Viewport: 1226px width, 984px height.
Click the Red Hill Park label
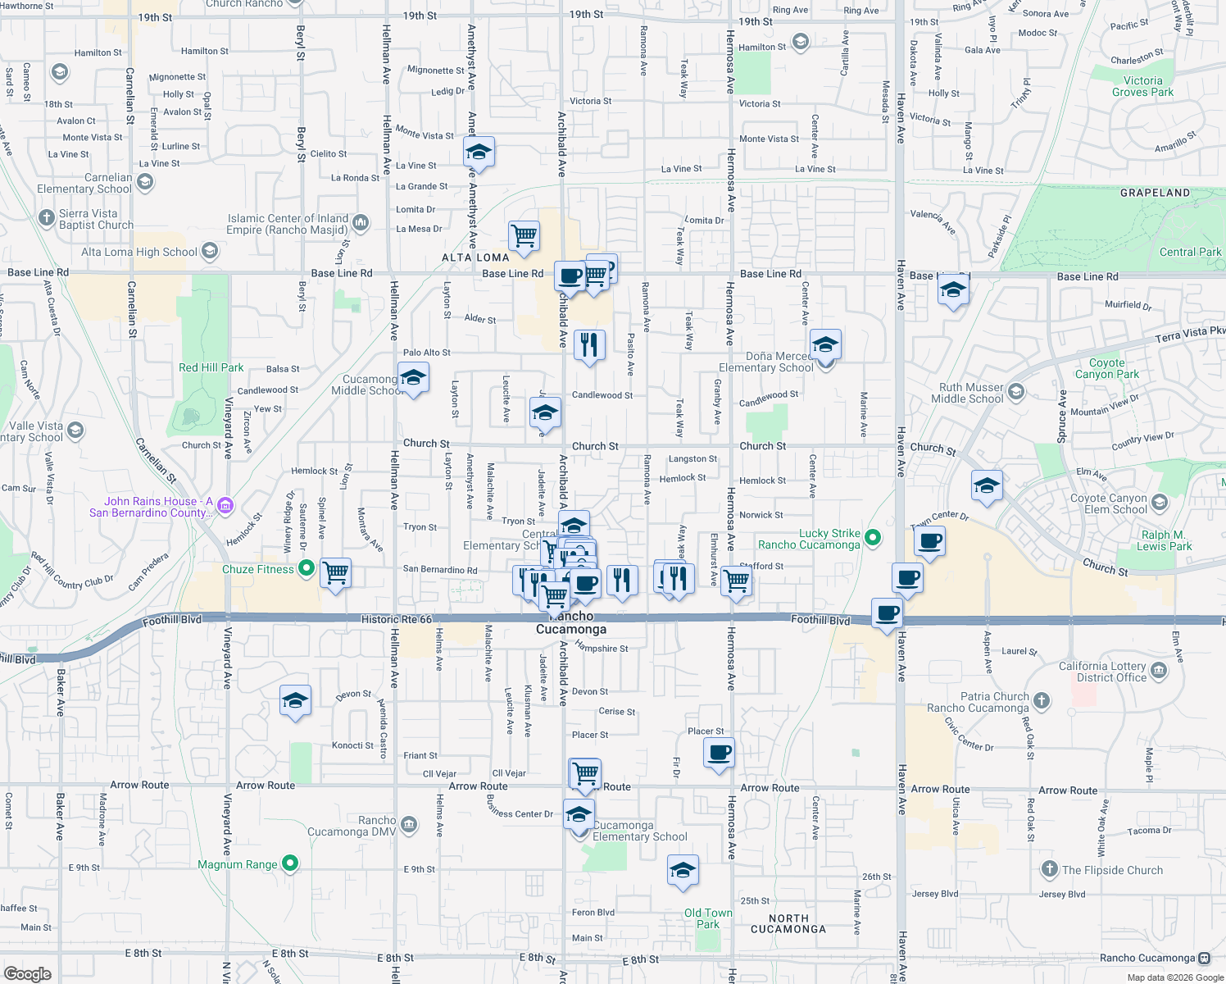click(211, 367)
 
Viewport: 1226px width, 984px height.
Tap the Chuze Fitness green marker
click(306, 567)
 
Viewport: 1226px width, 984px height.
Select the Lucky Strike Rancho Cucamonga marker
click(873, 538)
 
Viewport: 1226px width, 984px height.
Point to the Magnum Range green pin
click(290, 863)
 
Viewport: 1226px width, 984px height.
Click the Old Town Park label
click(708, 918)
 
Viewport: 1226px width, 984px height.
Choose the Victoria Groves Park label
click(1142, 86)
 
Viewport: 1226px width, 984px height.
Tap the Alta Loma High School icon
click(210, 251)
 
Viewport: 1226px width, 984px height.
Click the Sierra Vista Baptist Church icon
click(47, 217)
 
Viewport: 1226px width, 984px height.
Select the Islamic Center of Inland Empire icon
click(361, 222)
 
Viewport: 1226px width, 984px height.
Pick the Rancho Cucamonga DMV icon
click(410, 824)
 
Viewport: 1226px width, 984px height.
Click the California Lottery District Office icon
click(1159, 672)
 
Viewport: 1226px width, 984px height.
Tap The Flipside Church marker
click(1050, 869)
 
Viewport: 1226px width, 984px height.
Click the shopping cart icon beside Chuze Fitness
click(335, 572)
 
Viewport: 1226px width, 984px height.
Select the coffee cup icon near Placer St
click(719, 752)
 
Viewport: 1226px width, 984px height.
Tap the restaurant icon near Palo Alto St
click(589, 345)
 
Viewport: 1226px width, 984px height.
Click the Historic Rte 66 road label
click(396, 619)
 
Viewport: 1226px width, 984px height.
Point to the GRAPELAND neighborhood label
click(1155, 193)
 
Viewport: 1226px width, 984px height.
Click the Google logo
click(28, 973)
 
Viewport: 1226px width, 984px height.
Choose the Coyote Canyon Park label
click(1106, 368)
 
